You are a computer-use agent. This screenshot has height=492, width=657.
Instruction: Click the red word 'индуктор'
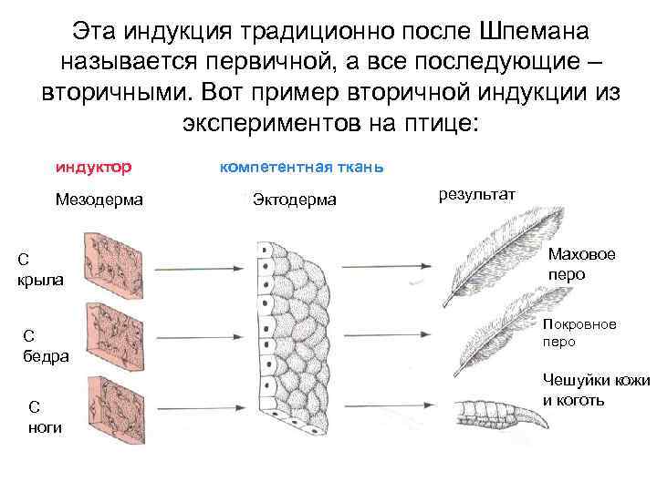[x=94, y=168]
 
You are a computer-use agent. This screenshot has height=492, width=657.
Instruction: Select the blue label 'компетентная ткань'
[x=301, y=168]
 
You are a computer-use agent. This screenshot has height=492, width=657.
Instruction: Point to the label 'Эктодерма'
[x=294, y=199]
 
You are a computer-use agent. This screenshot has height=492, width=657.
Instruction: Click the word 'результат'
[x=477, y=194]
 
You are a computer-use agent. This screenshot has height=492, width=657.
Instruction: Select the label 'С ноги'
[x=46, y=417]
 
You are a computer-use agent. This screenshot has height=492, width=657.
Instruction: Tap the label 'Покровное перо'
[x=579, y=333]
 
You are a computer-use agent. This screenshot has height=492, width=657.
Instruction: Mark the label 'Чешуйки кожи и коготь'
[x=596, y=390]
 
